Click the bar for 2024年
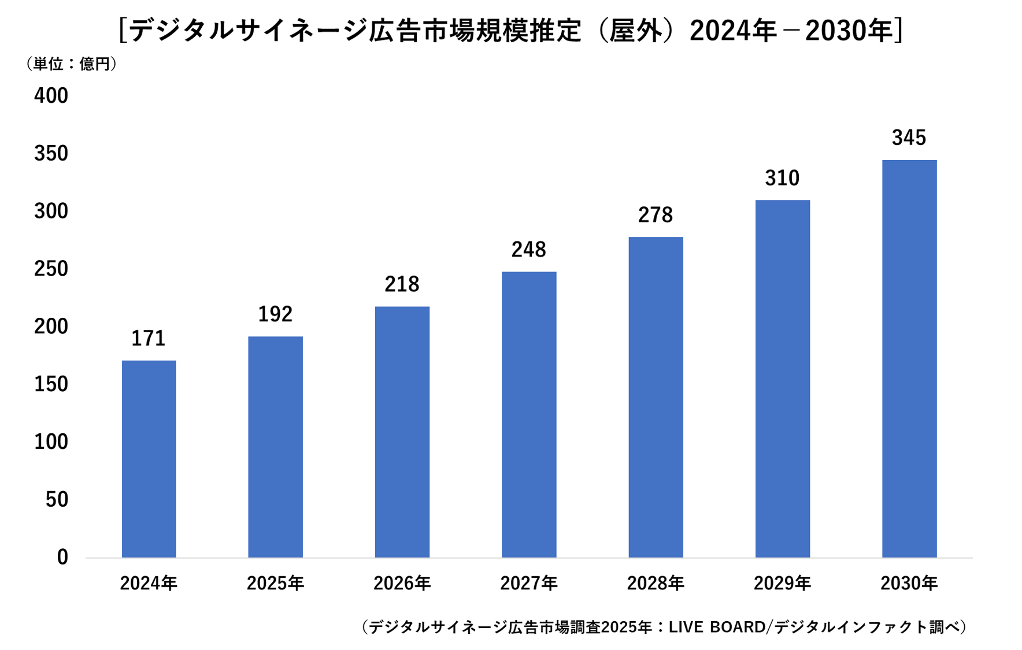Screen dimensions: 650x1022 (149, 459)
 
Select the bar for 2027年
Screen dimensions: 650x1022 (529, 414)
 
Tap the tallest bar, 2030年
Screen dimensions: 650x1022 (909, 358)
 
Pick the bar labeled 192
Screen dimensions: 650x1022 (275, 447)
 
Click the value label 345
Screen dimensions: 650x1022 (909, 138)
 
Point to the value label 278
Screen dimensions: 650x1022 (655, 215)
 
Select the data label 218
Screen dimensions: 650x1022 (402, 284)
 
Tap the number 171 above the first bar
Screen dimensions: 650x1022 (148, 339)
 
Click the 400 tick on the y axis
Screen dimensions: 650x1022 (51, 95)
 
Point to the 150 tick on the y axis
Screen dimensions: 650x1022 (51, 384)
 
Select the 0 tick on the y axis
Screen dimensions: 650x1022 (62, 557)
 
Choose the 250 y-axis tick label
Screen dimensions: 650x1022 (51, 269)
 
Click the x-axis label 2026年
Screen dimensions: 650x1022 (402, 584)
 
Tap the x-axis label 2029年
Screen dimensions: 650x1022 (782, 584)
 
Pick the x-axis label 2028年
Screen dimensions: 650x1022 (656, 584)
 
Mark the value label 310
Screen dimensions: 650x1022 (782, 178)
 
